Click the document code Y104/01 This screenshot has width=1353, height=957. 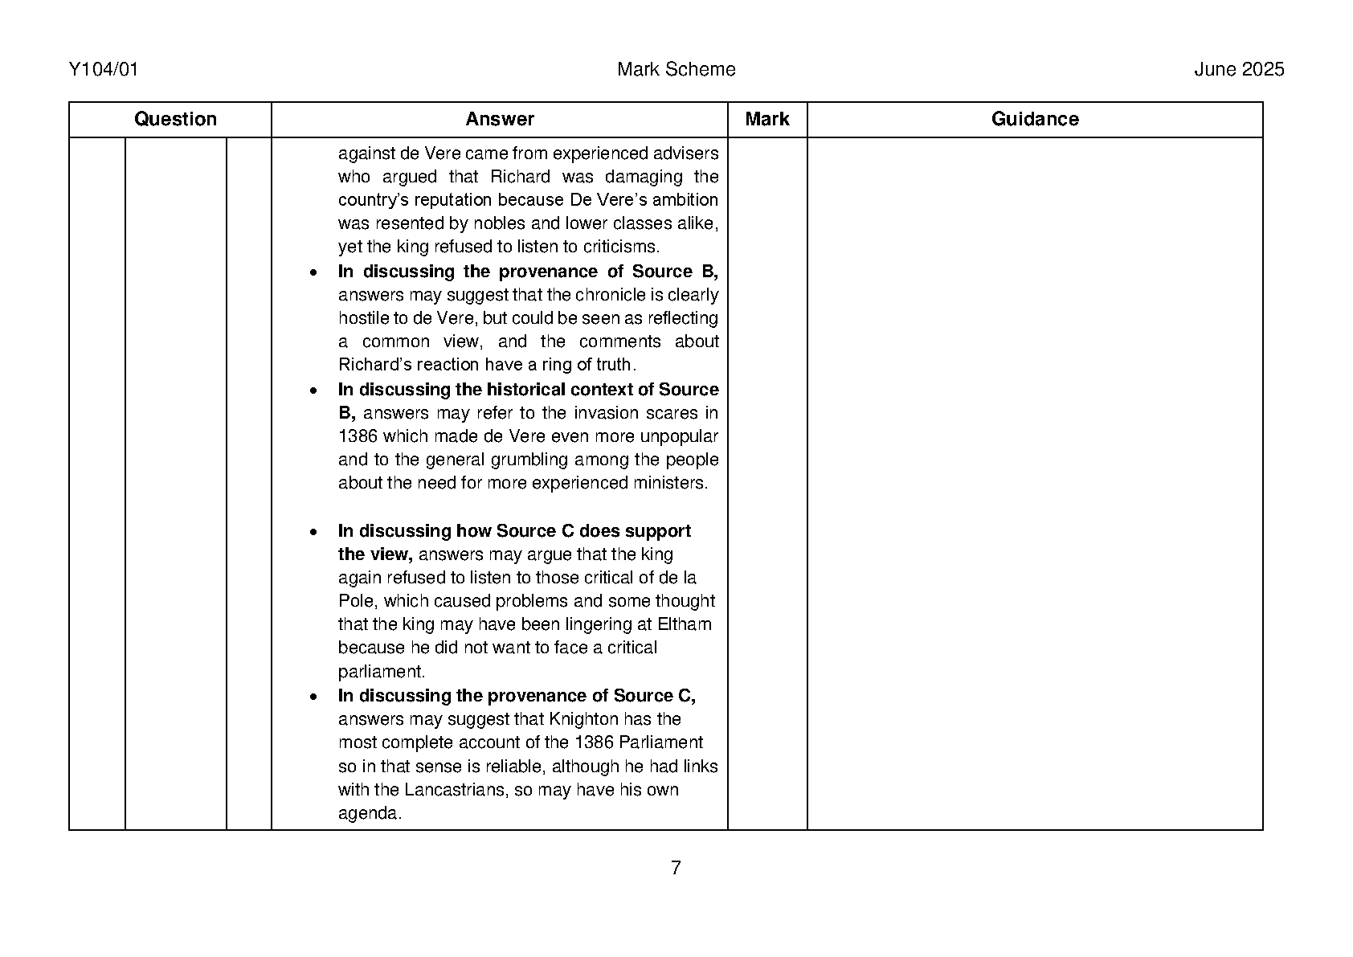104,70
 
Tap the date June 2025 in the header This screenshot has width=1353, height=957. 1239,70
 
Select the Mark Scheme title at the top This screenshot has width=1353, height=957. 676,70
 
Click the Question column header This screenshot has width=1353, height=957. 175,120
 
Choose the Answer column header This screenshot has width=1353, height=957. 499,120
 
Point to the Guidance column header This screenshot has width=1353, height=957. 1034,120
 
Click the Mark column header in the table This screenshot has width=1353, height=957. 766,120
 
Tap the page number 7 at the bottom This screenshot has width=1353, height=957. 676,868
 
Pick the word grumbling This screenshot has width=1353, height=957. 547,460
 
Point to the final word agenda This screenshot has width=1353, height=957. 368,814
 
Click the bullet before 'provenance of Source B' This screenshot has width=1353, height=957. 313,273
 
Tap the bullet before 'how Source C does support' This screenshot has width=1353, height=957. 313,533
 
